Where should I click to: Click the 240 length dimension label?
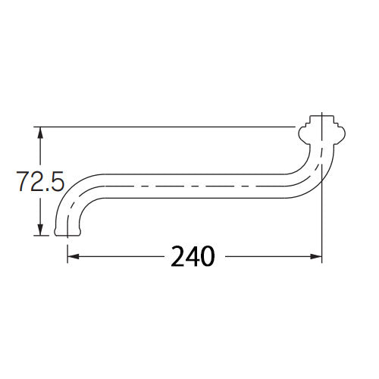click(193, 257)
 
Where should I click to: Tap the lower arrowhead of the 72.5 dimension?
click(41, 230)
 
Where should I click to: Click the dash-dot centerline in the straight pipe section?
click(189, 186)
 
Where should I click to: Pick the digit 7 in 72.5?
click(23, 183)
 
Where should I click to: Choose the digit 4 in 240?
click(193, 257)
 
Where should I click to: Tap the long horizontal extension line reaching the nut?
click(167, 127)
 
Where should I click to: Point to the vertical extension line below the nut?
click(323, 212)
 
